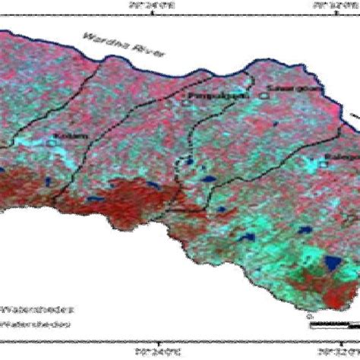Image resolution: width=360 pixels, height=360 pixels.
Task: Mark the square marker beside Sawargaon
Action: (263, 95)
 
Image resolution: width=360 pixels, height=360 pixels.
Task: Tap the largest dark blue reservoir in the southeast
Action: (332, 265)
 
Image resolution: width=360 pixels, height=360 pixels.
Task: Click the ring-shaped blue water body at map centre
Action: (183, 161)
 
